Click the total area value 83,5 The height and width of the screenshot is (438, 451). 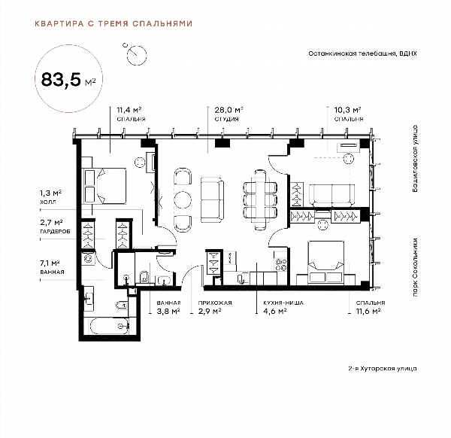click(x=61, y=79)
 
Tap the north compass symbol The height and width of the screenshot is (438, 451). click(x=136, y=54)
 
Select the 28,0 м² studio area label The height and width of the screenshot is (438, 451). click(x=229, y=110)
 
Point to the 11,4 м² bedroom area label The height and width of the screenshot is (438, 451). click(x=129, y=110)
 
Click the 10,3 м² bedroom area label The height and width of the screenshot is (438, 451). click(x=347, y=110)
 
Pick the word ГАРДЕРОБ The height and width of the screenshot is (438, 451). click(x=55, y=231)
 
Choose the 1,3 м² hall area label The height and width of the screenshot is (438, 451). click(x=50, y=193)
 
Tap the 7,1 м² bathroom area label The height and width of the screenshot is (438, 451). click(x=50, y=263)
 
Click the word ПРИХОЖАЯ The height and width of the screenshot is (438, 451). click(x=215, y=303)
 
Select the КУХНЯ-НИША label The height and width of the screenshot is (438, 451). click(x=283, y=303)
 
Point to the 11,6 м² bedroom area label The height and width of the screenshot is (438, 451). click(x=368, y=312)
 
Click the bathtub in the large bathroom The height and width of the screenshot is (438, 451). click(x=109, y=326)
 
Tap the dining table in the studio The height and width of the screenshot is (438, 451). click(x=260, y=200)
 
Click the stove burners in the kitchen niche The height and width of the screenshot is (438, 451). click(x=281, y=265)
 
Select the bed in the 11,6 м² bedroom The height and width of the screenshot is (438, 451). click(x=326, y=263)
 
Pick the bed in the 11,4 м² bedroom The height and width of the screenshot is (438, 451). click(x=104, y=186)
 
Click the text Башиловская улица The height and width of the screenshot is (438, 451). click(x=415, y=158)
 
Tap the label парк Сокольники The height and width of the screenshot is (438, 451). click(x=415, y=267)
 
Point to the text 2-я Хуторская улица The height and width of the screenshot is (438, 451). click(x=383, y=368)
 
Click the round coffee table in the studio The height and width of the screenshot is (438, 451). click(x=183, y=199)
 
